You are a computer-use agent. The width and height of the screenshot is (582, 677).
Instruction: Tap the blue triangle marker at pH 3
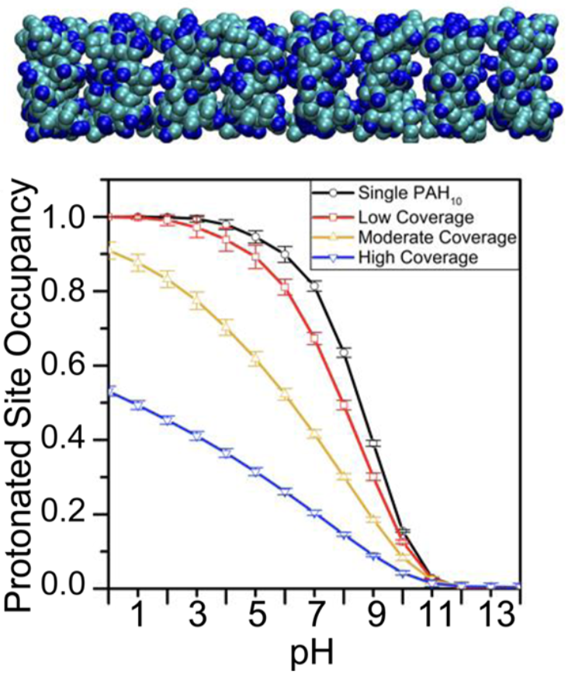tap(197, 436)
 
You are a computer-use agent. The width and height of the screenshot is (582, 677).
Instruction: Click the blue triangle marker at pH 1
tap(138, 405)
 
